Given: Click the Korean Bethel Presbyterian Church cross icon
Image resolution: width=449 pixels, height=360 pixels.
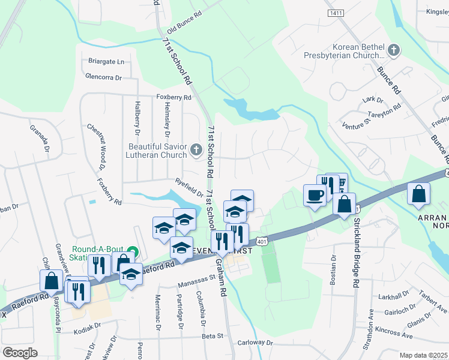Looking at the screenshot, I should pyautogui.click(x=394, y=50).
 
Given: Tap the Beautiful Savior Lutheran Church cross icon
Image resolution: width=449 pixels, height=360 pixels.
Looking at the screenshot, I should pyautogui.click(x=196, y=150).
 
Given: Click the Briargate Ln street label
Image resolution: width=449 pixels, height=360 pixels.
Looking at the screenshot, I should pyautogui.click(x=106, y=61).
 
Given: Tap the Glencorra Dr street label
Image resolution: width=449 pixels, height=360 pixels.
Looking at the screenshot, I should pyautogui.click(x=103, y=77).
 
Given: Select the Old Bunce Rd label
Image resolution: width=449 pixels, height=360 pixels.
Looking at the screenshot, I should pyautogui.click(x=183, y=24).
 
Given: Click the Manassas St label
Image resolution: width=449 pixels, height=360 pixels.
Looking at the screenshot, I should pyautogui.click(x=196, y=278).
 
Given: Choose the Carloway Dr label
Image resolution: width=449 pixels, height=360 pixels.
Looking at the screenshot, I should pyautogui.click(x=255, y=343).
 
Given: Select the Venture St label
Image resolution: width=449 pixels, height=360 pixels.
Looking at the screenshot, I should pyautogui.click(x=354, y=123).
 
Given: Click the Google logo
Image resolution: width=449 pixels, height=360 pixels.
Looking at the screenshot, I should pyautogui.click(x=20, y=352).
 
